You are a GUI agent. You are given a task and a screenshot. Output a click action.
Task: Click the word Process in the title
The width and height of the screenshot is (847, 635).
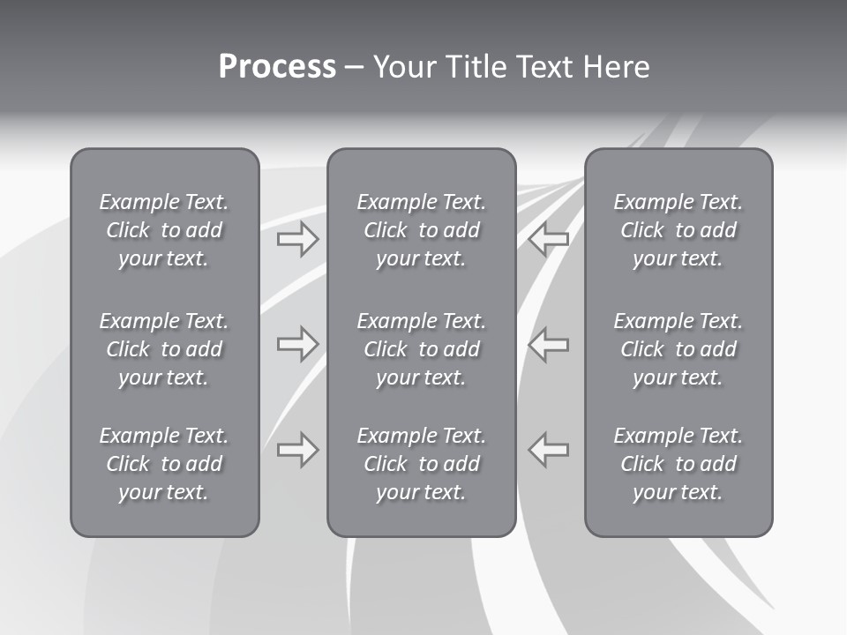pyautogui.click(x=277, y=67)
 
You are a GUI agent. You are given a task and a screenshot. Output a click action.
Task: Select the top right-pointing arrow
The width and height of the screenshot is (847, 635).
pyautogui.click(x=297, y=239)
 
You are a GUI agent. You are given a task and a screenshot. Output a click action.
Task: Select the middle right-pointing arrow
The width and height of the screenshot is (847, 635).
pyautogui.click(x=297, y=344)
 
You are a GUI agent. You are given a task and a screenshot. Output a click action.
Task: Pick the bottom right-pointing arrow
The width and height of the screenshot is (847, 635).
pyautogui.click(x=297, y=450)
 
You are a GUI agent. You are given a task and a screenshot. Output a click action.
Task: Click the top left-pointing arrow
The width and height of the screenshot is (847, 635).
pyautogui.click(x=549, y=239)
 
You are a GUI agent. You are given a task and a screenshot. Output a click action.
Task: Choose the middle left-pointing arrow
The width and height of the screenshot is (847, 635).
pyautogui.click(x=549, y=344)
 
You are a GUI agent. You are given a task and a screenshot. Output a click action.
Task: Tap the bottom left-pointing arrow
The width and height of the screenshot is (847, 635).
pyautogui.click(x=549, y=450)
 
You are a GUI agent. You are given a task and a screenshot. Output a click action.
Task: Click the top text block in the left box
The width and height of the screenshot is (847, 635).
pyautogui.click(x=164, y=230)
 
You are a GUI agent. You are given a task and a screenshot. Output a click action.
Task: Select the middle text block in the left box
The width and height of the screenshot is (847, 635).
pyautogui.click(x=164, y=349)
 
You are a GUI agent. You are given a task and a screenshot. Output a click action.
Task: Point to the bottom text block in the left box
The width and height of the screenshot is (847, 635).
pyautogui.click(x=164, y=464)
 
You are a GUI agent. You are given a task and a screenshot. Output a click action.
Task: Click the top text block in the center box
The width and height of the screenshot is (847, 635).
pyautogui.click(x=422, y=230)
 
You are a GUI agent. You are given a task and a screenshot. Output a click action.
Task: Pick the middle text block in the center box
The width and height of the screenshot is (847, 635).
pyautogui.click(x=422, y=349)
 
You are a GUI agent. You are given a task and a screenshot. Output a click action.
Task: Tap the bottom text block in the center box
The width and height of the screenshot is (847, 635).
pyautogui.click(x=422, y=464)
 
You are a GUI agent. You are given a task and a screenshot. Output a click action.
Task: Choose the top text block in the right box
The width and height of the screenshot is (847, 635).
pyautogui.click(x=678, y=230)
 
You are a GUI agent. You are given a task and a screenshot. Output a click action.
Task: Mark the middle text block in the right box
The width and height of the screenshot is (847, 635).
pyautogui.click(x=678, y=349)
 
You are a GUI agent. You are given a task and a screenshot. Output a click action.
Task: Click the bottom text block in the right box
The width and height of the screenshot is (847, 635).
pyautogui.click(x=678, y=464)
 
